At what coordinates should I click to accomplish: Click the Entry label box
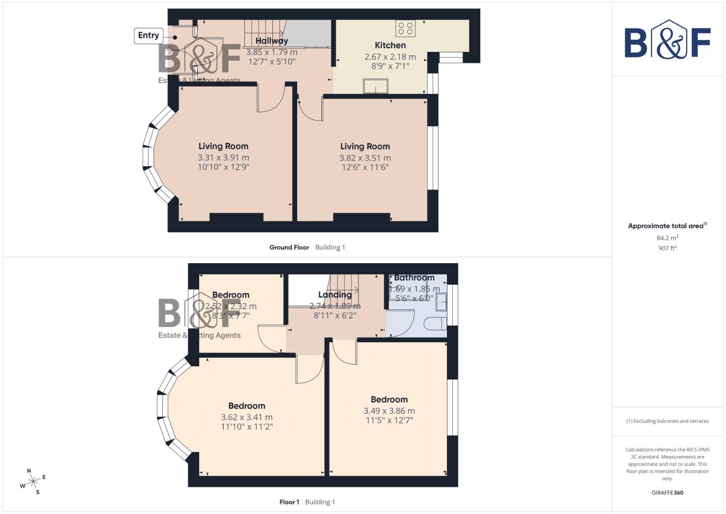148,36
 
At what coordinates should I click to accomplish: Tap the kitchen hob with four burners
406,28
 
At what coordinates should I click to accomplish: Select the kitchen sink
375,87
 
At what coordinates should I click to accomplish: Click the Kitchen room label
390,45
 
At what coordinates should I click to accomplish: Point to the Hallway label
271,41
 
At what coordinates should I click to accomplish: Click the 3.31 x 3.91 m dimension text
223,158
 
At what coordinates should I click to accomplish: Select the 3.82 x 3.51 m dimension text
365,158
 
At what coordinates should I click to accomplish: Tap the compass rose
33,482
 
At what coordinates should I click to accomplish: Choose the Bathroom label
414,278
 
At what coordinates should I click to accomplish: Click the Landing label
335,295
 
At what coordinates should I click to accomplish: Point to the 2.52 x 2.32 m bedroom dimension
231,306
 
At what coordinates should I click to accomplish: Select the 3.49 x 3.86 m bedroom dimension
389,411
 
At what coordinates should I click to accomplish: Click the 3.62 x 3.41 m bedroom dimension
246,417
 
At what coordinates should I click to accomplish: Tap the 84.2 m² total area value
667,238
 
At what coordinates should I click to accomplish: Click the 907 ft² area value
667,248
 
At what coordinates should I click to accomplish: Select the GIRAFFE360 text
667,493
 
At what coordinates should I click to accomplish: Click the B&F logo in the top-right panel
667,40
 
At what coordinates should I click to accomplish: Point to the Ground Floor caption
289,247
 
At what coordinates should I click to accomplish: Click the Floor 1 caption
289,502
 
